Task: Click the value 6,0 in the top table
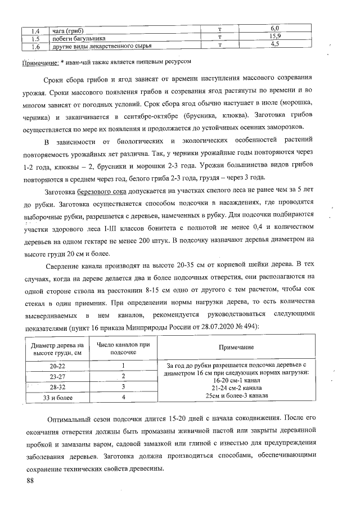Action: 275,28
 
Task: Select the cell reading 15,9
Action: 275,37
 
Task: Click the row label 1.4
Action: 34,30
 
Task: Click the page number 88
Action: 30,481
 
